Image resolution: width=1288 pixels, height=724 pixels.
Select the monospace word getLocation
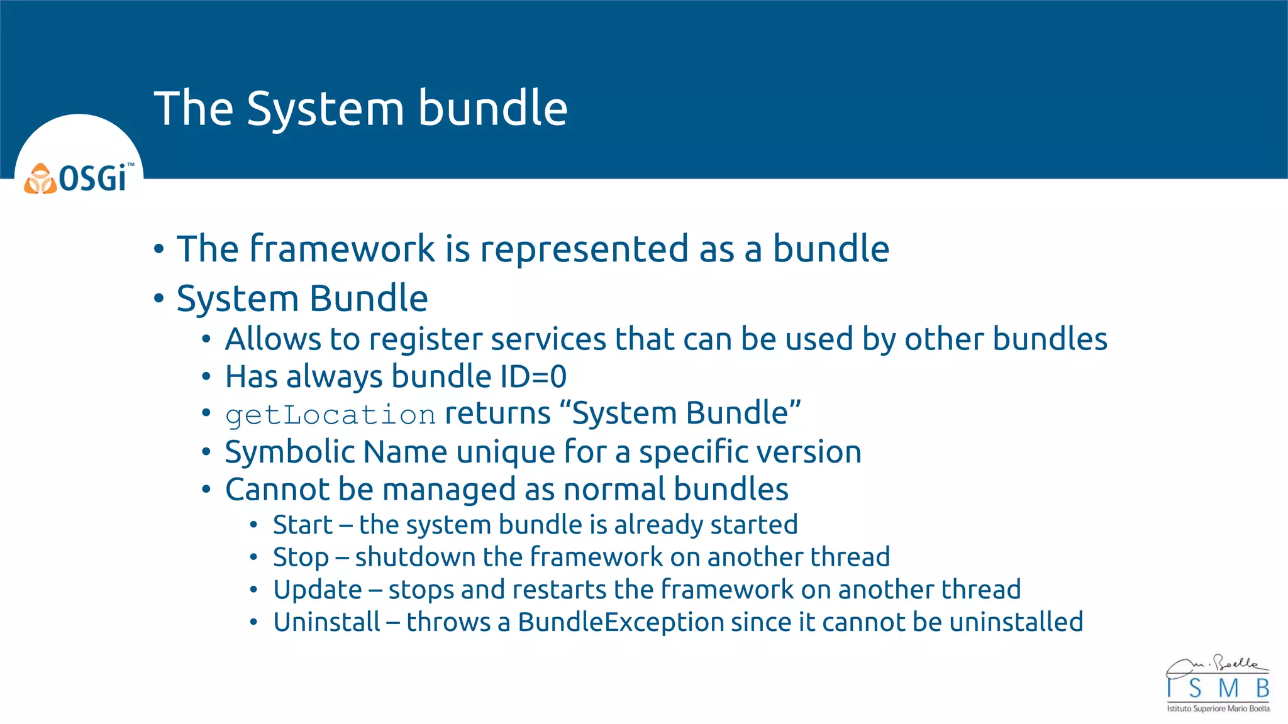(x=330, y=415)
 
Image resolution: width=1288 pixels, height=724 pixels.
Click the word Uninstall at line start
(x=327, y=622)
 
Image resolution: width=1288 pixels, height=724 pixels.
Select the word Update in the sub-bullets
(x=318, y=590)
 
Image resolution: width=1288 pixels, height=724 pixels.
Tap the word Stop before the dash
(x=301, y=557)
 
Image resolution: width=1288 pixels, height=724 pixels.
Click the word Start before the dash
(x=303, y=525)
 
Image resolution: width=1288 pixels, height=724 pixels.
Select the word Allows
(x=273, y=339)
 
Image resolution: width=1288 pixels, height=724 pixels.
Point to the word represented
(x=584, y=249)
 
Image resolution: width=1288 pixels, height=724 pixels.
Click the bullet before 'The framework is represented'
(x=159, y=250)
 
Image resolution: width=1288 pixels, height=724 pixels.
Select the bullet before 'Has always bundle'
(x=206, y=377)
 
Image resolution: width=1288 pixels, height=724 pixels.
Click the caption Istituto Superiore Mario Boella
(x=1218, y=709)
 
